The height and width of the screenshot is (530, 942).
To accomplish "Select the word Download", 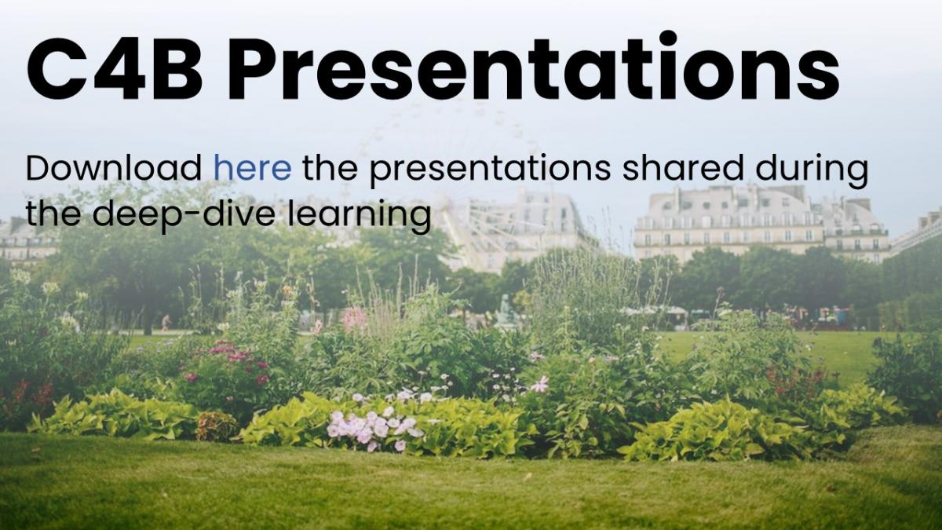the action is (114, 168).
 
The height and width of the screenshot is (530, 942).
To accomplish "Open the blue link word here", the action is (252, 168).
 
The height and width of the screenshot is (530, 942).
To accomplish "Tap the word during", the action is (812, 171).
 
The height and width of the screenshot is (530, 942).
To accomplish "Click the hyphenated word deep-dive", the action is (184, 217).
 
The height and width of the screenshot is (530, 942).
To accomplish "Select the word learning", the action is (360, 217).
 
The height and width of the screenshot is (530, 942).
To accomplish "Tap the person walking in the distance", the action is (166, 323).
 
